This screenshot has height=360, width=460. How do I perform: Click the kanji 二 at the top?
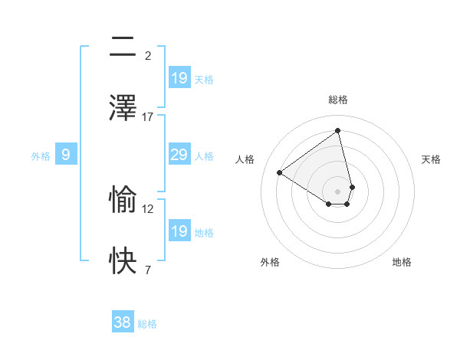click(x=123, y=47)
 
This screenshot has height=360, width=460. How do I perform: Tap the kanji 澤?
click(x=123, y=108)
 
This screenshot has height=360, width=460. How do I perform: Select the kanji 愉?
click(x=123, y=200)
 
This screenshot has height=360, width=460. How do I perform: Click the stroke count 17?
click(x=148, y=116)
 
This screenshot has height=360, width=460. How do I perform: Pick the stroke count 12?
click(x=148, y=208)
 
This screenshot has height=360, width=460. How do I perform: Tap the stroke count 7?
click(x=148, y=270)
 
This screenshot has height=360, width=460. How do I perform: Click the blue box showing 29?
click(x=179, y=155)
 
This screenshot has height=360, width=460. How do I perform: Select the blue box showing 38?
click(x=122, y=322)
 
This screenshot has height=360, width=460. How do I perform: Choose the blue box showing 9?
click(x=66, y=155)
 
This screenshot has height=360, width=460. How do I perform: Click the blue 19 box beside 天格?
click(x=179, y=78)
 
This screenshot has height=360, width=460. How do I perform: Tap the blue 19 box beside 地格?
click(x=179, y=231)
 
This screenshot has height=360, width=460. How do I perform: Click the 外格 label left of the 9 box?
click(x=41, y=156)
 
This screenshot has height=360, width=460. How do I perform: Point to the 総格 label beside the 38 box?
click(x=147, y=324)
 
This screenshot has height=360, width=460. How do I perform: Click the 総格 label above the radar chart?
click(x=337, y=100)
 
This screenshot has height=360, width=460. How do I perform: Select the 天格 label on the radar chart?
click(x=431, y=159)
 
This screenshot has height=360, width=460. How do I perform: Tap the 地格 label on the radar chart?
click(x=402, y=262)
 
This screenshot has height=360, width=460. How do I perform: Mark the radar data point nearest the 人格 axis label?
click(x=280, y=172)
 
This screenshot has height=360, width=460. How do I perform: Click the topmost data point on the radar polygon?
click(x=337, y=131)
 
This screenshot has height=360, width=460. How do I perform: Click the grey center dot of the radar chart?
click(x=337, y=191)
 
